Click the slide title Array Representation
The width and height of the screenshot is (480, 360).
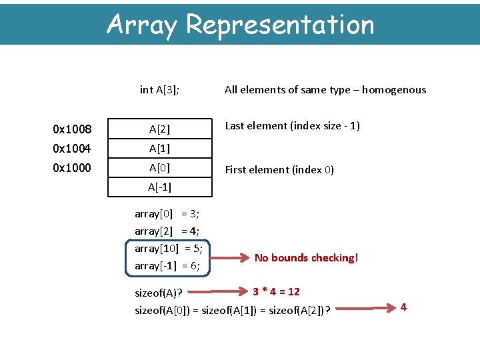click(240, 25)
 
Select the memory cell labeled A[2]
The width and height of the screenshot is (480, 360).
click(160, 129)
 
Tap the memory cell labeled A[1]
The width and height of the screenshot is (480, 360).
click(160, 148)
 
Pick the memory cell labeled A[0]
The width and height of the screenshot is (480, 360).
click(160, 167)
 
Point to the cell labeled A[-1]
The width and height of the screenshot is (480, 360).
click(160, 187)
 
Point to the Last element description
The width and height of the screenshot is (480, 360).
click(292, 125)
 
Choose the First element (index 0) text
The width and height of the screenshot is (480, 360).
click(279, 169)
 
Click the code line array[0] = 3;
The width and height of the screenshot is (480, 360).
click(167, 214)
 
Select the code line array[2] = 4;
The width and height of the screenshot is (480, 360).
click(167, 231)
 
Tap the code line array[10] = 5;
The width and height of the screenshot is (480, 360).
click(169, 249)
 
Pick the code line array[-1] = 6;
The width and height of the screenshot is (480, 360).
click(167, 266)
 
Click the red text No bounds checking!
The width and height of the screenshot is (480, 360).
click(306, 257)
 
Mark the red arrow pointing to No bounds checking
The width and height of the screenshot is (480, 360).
click(231, 257)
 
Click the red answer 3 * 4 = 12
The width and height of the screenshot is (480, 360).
click(276, 291)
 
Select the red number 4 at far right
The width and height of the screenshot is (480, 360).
click(403, 307)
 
